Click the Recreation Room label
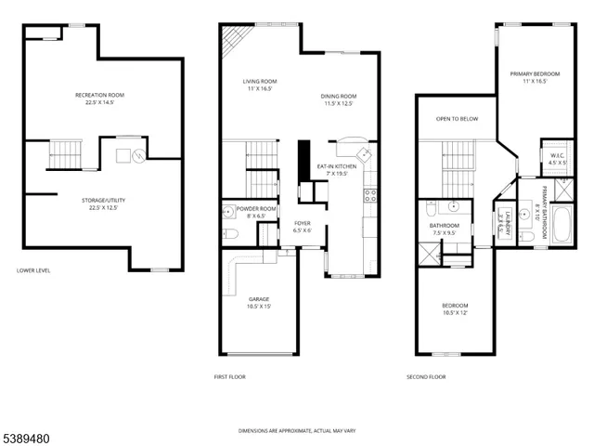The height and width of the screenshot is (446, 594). pyautogui.click(x=99, y=95)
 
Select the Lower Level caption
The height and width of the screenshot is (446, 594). pyautogui.click(x=33, y=270)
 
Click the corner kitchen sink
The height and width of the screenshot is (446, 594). pyautogui.click(x=366, y=152)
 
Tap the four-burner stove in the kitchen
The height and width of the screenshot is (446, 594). pyautogui.click(x=369, y=195)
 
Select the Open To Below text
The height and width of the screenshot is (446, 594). pyautogui.click(x=457, y=119)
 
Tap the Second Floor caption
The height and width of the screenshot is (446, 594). pyautogui.click(x=426, y=376)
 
